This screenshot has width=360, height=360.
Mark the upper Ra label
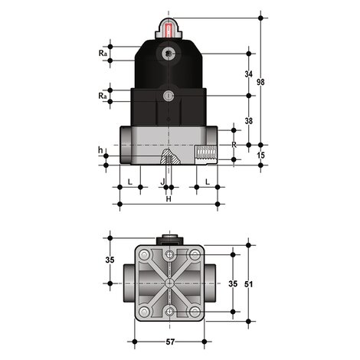click(x=103, y=54)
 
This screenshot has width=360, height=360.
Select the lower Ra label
click(x=103, y=97)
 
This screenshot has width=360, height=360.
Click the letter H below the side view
click(x=169, y=200)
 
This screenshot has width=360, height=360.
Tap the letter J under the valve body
click(x=163, y=181)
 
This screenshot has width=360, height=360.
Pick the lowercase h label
click(x=100, y=149)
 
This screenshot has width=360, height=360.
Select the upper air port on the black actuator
click(x=169, y=54)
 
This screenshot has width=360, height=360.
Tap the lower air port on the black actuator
click(x=169, y=96)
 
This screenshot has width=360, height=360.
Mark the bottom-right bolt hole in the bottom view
click(x=195, y=311)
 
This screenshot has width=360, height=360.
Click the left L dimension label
click(x=130, y=181)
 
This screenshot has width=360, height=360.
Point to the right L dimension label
click(x=208, y=181)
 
